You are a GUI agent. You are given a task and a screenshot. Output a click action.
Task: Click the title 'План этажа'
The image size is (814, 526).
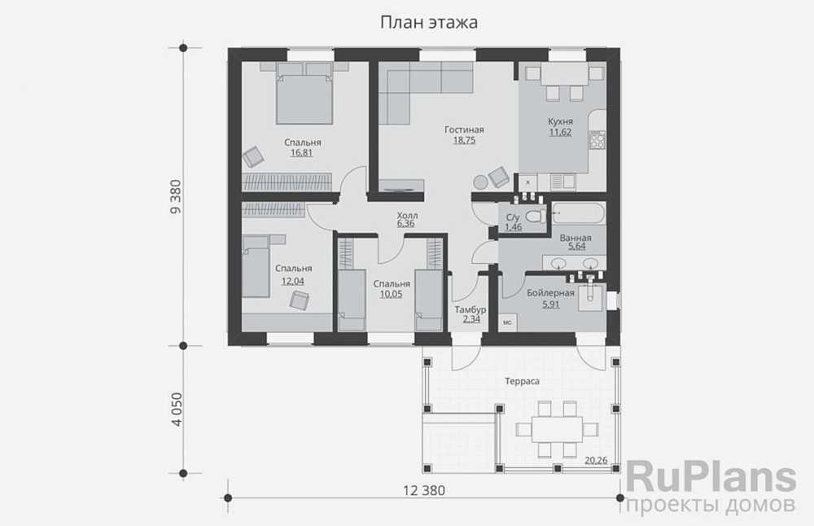pos(428,22)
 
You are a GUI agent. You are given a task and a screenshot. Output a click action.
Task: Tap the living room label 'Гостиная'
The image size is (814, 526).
pos(464,129)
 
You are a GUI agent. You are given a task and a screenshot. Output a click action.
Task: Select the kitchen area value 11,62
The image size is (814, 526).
pos(561,132)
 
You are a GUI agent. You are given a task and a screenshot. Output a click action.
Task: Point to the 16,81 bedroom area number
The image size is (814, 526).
pos(301,152)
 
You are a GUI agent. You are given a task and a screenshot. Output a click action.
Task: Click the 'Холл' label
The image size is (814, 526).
pos(406,213)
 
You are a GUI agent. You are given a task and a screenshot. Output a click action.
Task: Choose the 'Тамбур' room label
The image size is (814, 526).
pos(470,309)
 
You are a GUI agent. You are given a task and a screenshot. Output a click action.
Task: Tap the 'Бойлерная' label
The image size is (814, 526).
pos(550,293)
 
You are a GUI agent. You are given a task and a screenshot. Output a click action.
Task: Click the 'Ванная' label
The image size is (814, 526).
pos(575,239)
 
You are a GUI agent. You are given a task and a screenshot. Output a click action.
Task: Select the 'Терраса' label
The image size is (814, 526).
pos(522,380)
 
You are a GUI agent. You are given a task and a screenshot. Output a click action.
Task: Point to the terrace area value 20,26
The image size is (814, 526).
pos(597,460)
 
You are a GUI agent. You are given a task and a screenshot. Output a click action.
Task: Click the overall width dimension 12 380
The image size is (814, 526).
pos(424,490)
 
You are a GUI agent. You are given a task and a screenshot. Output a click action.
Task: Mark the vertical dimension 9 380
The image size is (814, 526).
pos(174,196)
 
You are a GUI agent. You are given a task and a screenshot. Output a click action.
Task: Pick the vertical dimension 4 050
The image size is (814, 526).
pos(174,410)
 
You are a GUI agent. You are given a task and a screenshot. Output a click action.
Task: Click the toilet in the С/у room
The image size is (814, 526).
pos(534,217)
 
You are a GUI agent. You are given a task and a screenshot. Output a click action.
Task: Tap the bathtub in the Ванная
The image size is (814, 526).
pos(578,216)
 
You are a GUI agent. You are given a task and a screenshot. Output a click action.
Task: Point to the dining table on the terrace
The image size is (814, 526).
pos(558,428)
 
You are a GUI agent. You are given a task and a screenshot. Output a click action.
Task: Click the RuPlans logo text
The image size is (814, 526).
pos(710,476)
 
